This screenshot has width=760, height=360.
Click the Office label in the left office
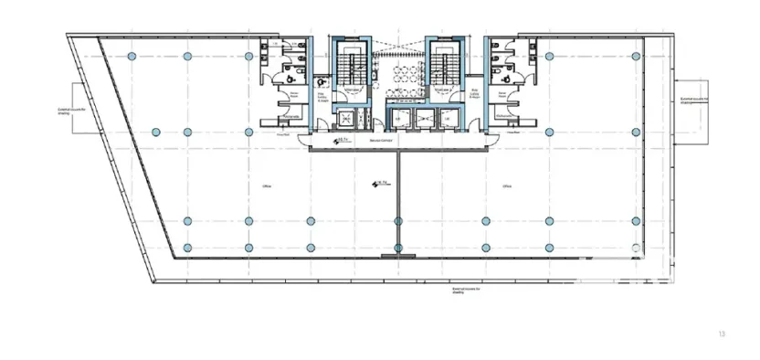pyautogui.click(x=267, y=186)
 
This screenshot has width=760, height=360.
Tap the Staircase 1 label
pyautogui.click(x=351, y=90)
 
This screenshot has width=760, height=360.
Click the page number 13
pyautogui.click(x=721, y=334)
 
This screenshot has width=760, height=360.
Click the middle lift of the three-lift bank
pyautogui.click(x=423, y=118)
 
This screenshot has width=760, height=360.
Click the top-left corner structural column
pyautogui.click(x=132, y=56)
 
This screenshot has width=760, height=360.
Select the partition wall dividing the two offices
pyautogui.click(x=398, y=201)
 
